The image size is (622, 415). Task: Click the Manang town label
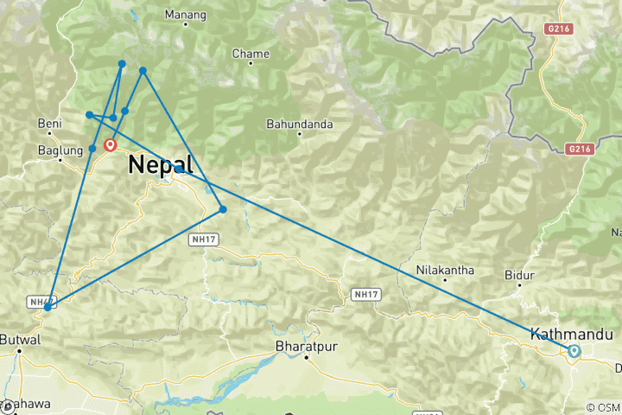point(185,16)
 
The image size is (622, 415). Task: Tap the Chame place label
point(251,54)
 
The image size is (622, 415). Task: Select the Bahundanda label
point(299,124)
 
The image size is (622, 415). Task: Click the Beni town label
point(50,124)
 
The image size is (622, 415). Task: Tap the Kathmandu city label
point(571,334)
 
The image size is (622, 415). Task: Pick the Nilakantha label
point(445,270)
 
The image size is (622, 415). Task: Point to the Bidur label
point(515,274)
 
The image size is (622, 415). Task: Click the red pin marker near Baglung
point(111,145)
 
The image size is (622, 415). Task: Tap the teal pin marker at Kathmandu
point(574,350)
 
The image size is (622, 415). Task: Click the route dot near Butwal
point(47,307)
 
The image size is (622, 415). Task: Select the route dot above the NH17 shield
point(223,209)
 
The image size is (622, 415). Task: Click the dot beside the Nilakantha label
point(445,280)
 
